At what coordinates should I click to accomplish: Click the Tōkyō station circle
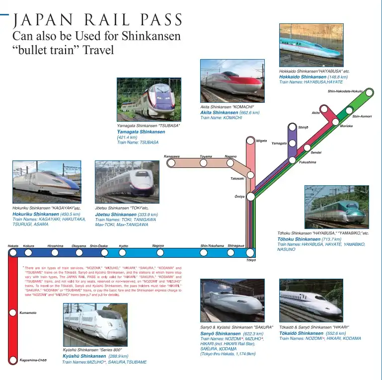click(x=250, y=253)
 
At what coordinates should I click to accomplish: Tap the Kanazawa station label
click(x=171, y=156)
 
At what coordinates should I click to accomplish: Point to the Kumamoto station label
click(x=28, y=313)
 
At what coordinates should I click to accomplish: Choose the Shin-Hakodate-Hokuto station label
click(x=345, y=91)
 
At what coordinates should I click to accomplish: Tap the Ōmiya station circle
click(x=251, y=197)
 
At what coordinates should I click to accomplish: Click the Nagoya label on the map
click(x=158, y=245)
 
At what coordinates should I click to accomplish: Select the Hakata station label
click(x=13, y=246)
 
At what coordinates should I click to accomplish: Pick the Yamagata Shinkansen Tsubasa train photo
click(x=149, y=99)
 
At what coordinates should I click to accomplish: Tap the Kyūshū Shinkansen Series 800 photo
click(x=95, y=324)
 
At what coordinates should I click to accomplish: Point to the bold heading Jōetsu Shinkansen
click(x=116, y=215)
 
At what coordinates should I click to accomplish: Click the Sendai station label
click(x=316, y=152)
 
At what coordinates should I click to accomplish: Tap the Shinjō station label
click(x=303, y=128)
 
